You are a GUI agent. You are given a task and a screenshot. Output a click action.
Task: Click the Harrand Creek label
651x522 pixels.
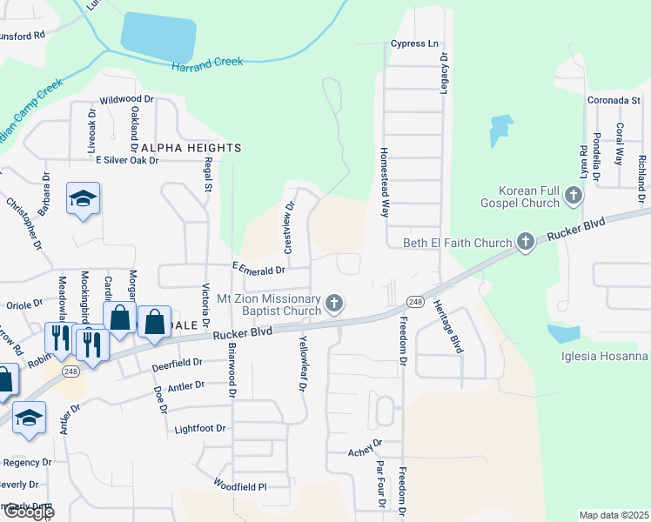pyautogui.click(x=207, y=64)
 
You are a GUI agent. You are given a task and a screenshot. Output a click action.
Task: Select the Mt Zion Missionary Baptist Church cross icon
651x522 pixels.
pyautogui.click(x=334, y=304)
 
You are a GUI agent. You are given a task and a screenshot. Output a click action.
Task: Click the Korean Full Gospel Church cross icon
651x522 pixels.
pyautogui.click(x=573, y=197)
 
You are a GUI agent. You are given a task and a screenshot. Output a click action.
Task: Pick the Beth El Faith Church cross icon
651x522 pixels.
pyautogui.click(x=526, y=242)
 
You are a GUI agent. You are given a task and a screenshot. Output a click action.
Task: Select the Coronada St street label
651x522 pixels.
pyautogui.click(x=614, y=101)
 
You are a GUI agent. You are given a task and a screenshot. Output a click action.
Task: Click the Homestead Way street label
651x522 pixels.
pyautogui.click(x=383, y=181)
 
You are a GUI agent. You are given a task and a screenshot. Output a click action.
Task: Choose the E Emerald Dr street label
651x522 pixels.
pyautogui.click(x=258, y=271)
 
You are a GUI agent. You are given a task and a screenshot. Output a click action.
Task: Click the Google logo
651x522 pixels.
pyautogui.click(x=28, y=512)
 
